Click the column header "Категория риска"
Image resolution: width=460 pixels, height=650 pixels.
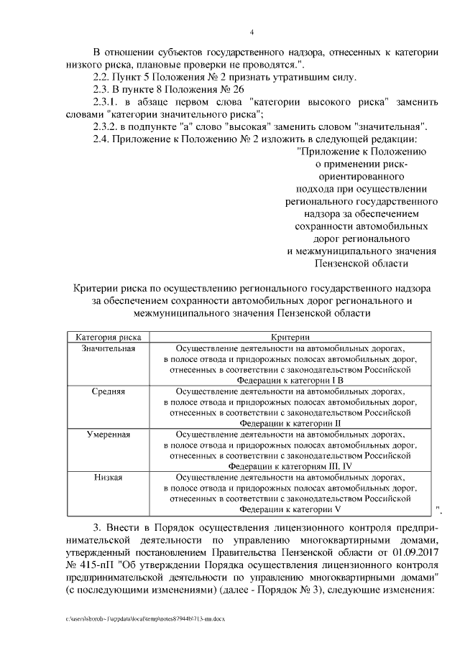pos(109,337)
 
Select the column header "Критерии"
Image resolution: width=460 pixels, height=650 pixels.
pos(290,337)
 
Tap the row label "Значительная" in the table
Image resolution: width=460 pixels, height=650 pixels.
pos(109,348)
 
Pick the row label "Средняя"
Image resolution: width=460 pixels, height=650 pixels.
pos(109,393)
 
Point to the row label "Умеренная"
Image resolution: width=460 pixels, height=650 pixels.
pos(109,435)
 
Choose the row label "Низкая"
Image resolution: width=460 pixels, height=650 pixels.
pos(109,478)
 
